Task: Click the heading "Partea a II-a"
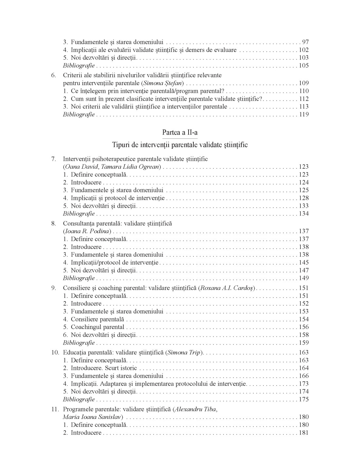tap(180, 132)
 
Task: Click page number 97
tap(305, 42)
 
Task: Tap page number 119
tap(304, 114)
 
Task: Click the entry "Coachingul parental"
tap(98, 327)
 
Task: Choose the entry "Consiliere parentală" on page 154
tap(97, 319)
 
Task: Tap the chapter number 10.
tap(55, 353)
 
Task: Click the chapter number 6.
tap(54, 75)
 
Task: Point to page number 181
tap(304, 433)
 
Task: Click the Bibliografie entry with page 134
tap(79, 214)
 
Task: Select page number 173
tap(304, 384)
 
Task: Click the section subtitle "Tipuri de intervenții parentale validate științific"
tap(180, 145)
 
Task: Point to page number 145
tap(304, 263)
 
